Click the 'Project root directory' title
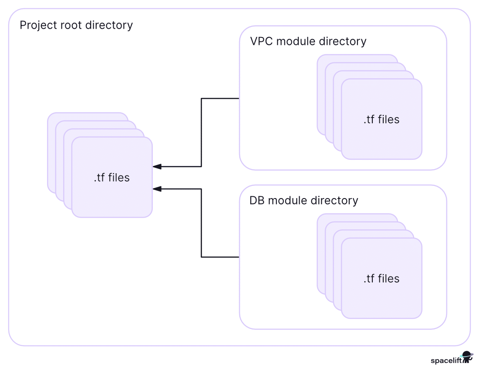[76, 25]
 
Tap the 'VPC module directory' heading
[308, 41]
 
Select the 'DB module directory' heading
[304, 201]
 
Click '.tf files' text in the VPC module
[381, 119]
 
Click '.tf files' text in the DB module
[381, 279]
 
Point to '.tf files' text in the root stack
[112, 178]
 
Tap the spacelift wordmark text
[445, 361]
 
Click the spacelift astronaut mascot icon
[467, 357]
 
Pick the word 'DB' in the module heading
[257, 201]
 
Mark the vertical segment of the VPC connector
[201, 132]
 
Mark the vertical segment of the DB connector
[201, 223]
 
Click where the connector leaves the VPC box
[239, 98]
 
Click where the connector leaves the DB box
[239, 257]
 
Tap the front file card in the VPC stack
[381, 139]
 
